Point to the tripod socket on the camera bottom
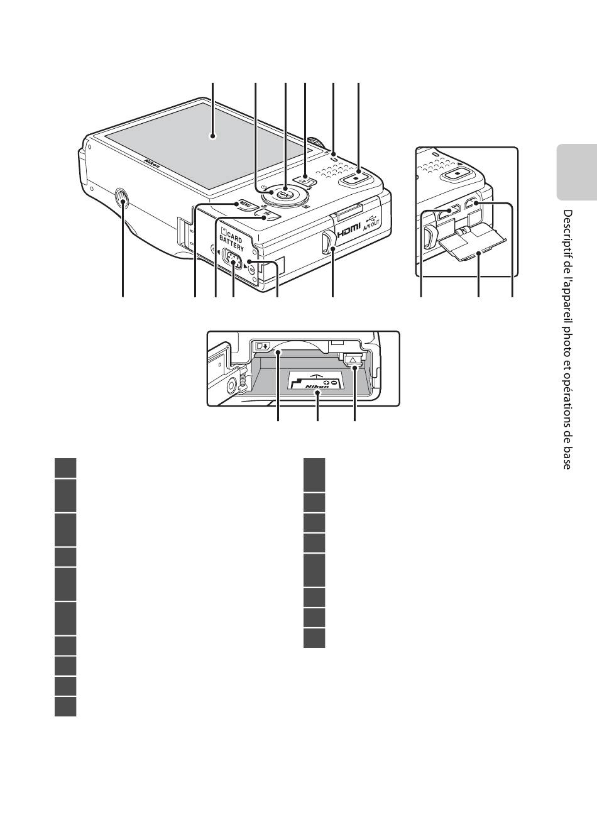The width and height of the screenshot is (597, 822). coord(122,200)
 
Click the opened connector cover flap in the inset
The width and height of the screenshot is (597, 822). coord(469,248)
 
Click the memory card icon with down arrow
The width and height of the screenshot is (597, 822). coord(262,345)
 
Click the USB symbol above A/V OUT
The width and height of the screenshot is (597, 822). coord(373,213)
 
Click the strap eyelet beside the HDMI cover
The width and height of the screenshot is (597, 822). coord(327,241)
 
